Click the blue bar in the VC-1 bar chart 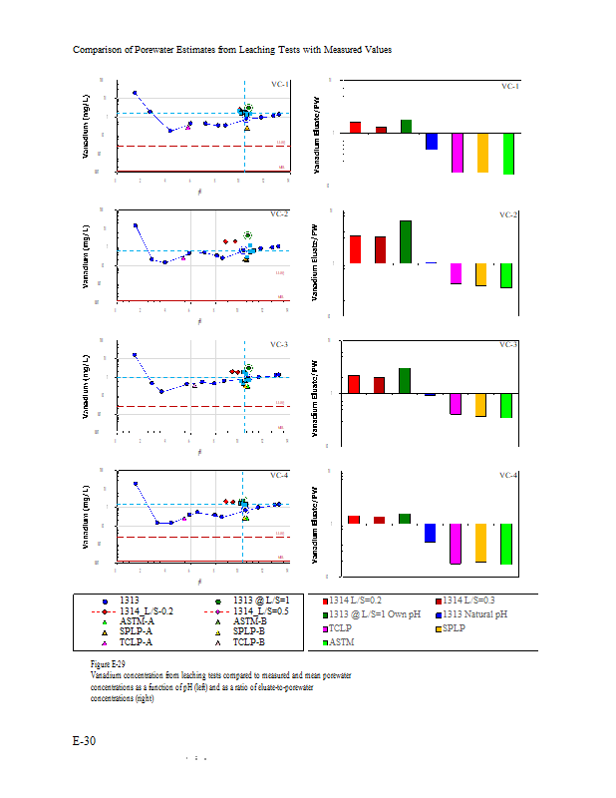[432, 141]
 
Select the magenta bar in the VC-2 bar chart [457, 273]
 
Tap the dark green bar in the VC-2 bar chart [406, 242]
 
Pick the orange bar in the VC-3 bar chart [482, 404]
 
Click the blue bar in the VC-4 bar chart [431, 533]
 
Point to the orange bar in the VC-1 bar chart [482, 153]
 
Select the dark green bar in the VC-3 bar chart [405, 381]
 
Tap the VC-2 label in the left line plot [279, 214]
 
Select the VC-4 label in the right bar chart [508, 475]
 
